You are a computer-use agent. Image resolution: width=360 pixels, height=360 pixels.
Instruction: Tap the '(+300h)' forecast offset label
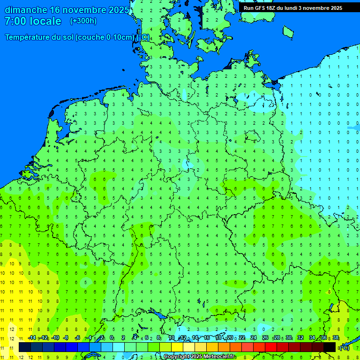pos(83,21)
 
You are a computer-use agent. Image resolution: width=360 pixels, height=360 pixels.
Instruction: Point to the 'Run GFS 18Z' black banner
pos(292,8)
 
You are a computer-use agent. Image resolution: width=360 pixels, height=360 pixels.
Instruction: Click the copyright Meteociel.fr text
pos(199,357)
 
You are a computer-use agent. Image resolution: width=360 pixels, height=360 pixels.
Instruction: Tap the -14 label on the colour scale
pos(32,338)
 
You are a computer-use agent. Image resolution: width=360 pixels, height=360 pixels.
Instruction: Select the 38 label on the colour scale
pos(336,338)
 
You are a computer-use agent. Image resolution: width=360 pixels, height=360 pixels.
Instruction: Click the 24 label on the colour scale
pos(254,338)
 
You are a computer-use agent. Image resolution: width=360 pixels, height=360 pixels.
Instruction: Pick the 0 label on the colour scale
pos(112,338)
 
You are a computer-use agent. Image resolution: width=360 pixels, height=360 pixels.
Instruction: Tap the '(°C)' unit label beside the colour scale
pos(345,347)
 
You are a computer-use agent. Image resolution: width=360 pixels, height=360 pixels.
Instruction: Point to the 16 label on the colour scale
pos(207,338)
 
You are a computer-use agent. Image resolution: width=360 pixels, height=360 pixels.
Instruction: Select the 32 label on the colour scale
pos(300,338)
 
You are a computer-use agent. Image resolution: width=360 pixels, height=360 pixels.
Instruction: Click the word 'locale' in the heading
pos(45,21)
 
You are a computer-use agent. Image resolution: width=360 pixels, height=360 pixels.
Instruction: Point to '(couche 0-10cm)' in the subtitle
pos(105,37)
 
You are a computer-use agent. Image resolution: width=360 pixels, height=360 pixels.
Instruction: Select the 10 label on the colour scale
pos(172,338)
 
